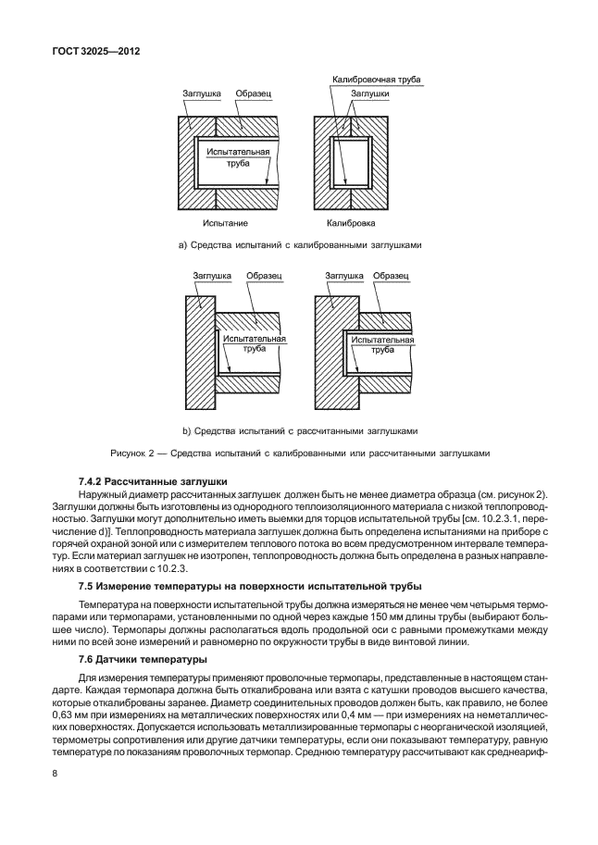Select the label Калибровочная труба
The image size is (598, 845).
(377, 81)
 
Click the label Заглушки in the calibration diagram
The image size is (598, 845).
(368, 94)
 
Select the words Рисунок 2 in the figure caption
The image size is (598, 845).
(133, 453)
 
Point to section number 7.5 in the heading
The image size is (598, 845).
(84, 587)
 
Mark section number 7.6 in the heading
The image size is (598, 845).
(84, 659)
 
